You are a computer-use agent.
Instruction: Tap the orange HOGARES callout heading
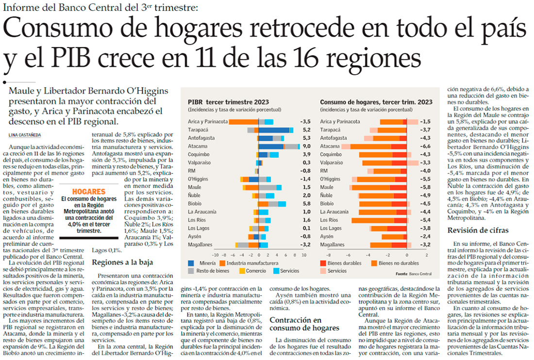pos(88,192)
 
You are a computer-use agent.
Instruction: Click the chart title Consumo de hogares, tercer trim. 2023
pos(376,102)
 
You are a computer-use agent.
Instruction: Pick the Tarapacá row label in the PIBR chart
pos(199,130)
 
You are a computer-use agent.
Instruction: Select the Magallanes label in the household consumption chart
pos(334,245)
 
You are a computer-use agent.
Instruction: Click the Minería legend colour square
pos(191,263)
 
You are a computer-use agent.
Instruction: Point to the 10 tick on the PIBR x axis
pos(303,254)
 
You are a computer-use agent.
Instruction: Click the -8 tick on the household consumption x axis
pos(328,254)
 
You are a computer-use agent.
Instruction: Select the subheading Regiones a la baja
pos(122,262)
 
